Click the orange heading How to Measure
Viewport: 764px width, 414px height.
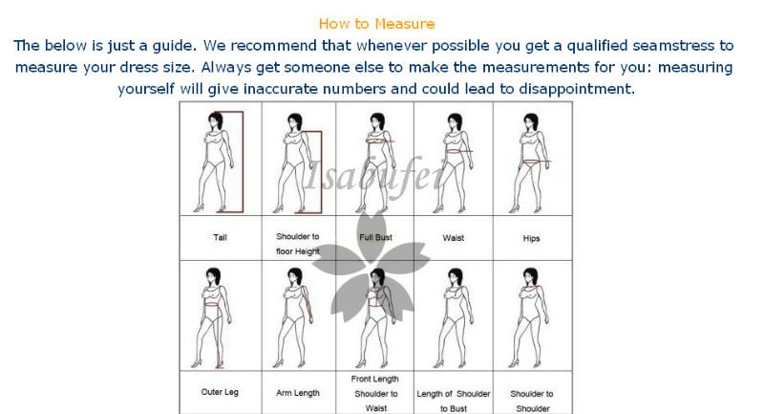pyautogui.click(x=376, y=23)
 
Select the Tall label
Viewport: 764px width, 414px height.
pyautogui.click(x=220, y=237)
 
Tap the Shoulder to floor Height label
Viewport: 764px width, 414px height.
pyautogui.click(x=298, y=244)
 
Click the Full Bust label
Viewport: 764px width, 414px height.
pyautogui.click(x=375, y=237)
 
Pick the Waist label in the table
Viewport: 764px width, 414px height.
pyautogui.click(x=453, y=238)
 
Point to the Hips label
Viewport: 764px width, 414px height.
pyautogui.click(x=531, y=238)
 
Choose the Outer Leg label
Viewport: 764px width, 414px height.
pyautogui.click(x=220, y=392)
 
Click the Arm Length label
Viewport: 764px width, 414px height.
pyautogui.click(x=298, y=393)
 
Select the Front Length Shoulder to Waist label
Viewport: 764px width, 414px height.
pyautogui.click(x=375, y=394)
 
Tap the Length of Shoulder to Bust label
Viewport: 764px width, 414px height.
pyautogui.click(x=453, y=401)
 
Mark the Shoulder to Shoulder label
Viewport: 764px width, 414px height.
pyautogui.click(x=532, y=401)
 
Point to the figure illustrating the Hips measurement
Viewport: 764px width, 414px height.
pyautogui.click(x=530, y=163)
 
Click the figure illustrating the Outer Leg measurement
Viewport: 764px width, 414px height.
pyautogui.click(x=212, y=317)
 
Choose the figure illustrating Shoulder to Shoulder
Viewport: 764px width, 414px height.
pyautogui.click(x=529, y=317)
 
